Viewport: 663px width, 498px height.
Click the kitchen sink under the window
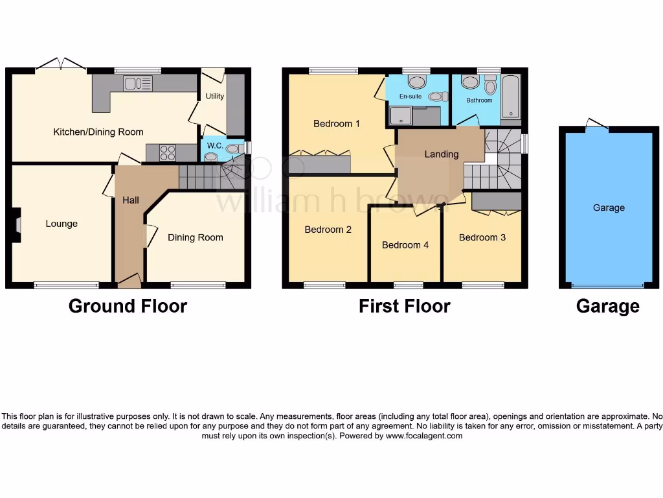click(138, 83)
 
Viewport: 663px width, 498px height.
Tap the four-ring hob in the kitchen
click(168, 152)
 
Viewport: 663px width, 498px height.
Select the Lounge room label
click(62, 224)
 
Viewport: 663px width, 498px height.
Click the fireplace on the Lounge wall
click(17, 224)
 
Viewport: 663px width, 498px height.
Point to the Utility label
click(215, 96)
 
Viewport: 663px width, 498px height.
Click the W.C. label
click(215, 146)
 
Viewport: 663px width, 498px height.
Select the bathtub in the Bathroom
click(511, 96)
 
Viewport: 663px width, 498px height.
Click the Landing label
click(442, 154)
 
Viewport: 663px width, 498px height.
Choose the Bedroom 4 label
click(405, 245)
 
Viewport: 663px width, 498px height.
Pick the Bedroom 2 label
click(328, 230)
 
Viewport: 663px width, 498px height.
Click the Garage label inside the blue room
click(609, 207)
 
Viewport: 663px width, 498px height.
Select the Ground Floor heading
click(128, 306)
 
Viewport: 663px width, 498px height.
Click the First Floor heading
click(405, 306)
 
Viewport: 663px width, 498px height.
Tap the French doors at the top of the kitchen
click(61, 64)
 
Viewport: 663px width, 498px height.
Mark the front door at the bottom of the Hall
click(129, 280)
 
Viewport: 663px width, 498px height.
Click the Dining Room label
click(196, 237)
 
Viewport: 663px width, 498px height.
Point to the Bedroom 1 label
click(337, 123)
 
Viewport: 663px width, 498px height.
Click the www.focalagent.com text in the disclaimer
click(424, 436)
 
